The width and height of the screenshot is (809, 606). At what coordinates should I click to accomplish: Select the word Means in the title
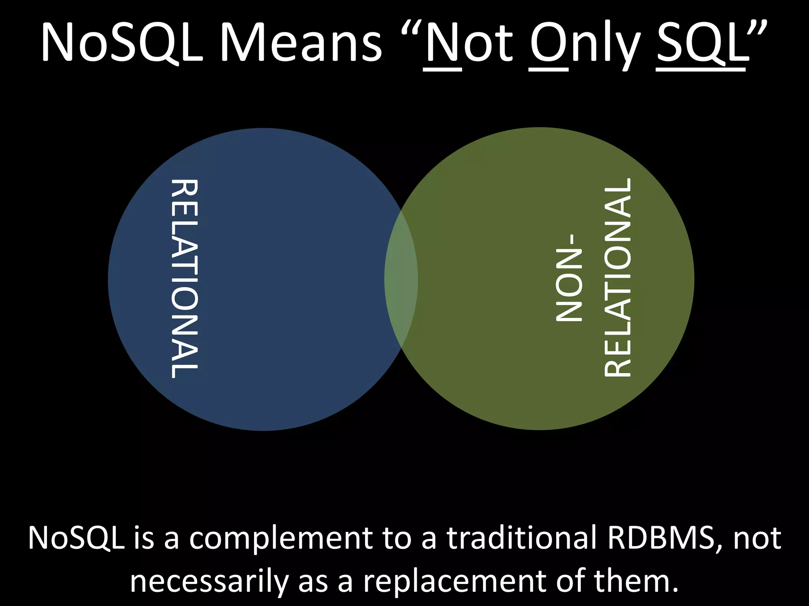point(304,41)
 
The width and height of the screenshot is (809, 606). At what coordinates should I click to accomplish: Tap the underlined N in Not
point(442,41)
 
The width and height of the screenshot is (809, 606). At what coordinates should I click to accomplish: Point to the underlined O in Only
point(548,41)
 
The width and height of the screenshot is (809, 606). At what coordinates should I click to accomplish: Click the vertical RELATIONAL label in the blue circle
point(184,279)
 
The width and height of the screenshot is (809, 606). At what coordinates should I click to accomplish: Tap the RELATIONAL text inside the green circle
point(619,279)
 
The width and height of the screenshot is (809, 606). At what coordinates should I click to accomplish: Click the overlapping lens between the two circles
point(401,279)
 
